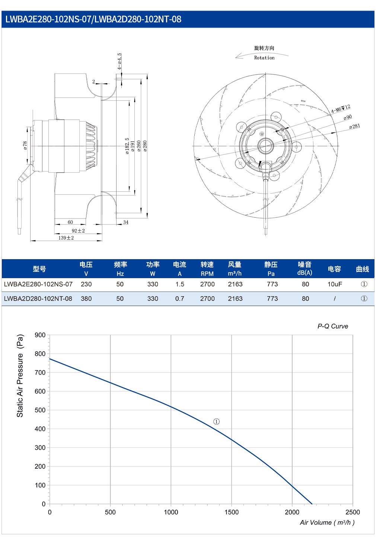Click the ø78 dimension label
(25, 145)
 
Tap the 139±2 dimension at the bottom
(66, 238)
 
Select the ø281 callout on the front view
(354, 126)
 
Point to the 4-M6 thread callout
(341, 109)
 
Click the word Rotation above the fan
(264, 58)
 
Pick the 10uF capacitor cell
(335, 284)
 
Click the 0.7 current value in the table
(180, 298)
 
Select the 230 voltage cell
(86, 284)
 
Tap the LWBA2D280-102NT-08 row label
(38, 298)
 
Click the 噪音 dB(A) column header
(305, 268)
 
